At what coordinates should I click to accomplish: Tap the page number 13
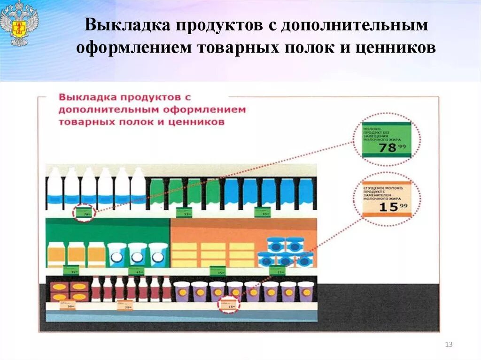(449, 345)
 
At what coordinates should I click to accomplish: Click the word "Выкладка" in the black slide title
(127, 26)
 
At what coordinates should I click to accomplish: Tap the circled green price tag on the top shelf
(84, 213)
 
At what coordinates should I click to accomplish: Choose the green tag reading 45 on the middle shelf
(136, 271)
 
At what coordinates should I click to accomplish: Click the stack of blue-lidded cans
(285, 252)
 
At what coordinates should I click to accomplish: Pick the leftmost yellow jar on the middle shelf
(56, 254)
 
